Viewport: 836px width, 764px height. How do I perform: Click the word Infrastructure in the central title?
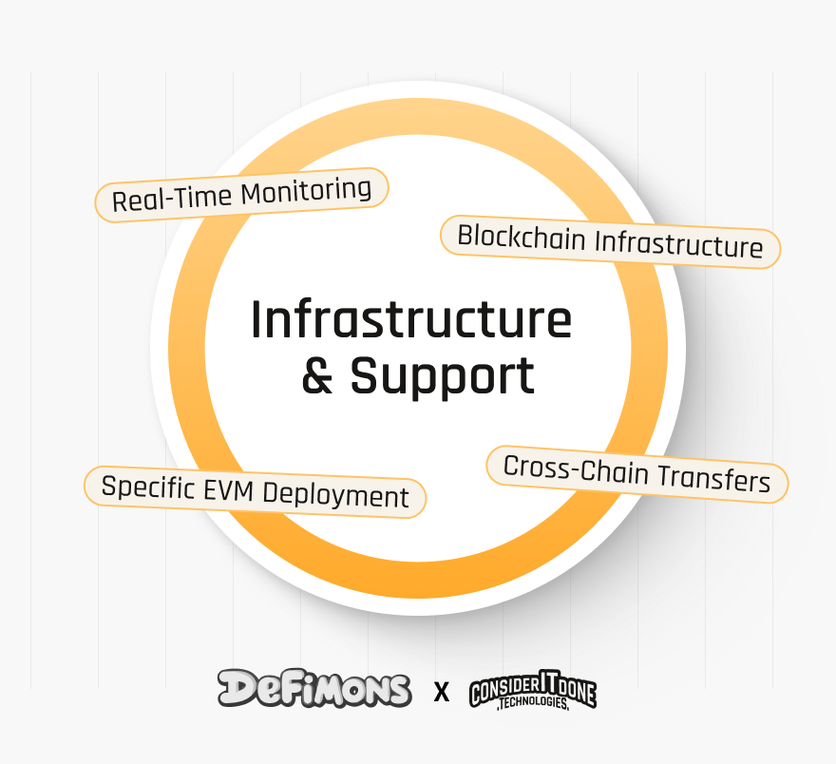[x=410, y=321]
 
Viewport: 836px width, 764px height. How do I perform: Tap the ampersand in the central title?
[x=317, y=377]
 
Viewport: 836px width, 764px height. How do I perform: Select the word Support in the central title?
[x=443, y=377]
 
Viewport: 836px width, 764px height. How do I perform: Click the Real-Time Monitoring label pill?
[x=242, y=195]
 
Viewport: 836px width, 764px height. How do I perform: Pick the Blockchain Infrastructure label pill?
[x=610, y=240]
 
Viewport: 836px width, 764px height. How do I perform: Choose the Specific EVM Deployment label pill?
[x=255, y=492]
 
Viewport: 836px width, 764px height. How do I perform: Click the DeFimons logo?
[x=314, y=688]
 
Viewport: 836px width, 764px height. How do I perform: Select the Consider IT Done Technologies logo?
[x=533, y=692]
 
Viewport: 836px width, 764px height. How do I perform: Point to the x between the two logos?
[x=441, y=692]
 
